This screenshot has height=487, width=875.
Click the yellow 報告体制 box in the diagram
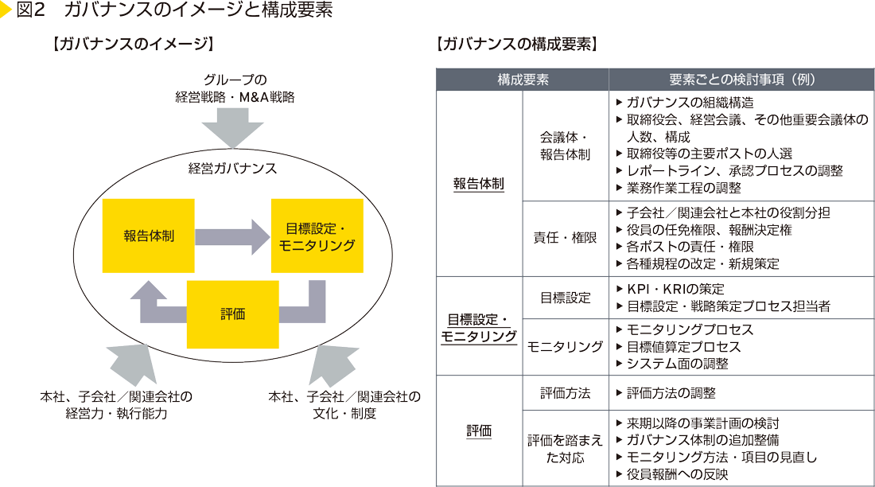pos(149,236)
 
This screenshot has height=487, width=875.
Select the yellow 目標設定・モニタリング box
pos(317,236)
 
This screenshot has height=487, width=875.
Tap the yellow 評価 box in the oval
pos(232,314)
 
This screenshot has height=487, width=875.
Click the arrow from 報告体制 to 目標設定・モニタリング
pos(232,236)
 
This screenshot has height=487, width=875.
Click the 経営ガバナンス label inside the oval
pos(232,168)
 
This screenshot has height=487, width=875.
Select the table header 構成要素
pos(523,80)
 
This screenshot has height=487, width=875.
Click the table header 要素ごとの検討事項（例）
pos(741,80)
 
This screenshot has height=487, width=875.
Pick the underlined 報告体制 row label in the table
pos(479,183)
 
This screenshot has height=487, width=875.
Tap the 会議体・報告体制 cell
pos(565,146)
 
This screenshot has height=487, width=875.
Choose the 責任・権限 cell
pos(565,238)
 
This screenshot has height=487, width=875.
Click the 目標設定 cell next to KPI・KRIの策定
pos(565,298)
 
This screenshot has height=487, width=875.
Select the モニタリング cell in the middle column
pos(565,346)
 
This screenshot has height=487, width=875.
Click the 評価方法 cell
pos(565,393)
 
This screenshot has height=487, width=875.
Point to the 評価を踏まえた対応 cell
pos(565,449)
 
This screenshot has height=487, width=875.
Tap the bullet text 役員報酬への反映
pos(677,474)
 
